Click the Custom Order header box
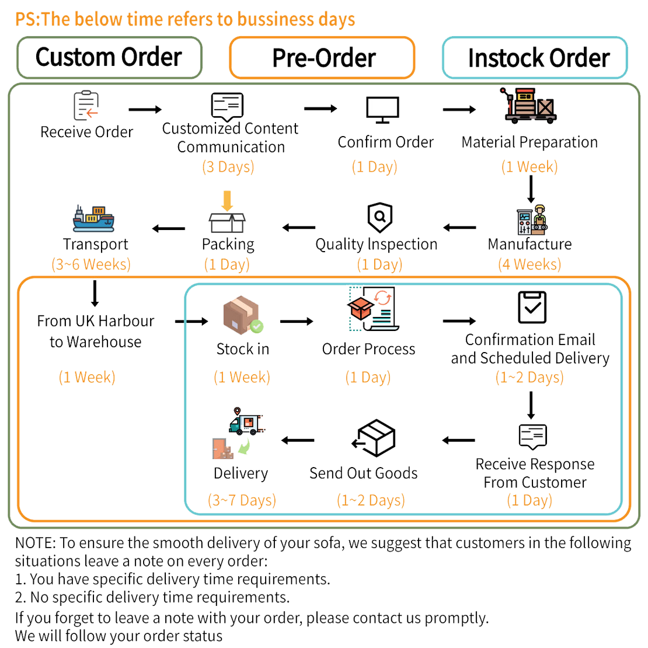click(109, 57)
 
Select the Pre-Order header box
click(322, 57)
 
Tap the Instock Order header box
click(535, 57)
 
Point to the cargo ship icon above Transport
click(93, 218)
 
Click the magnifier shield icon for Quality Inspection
click(379, 218)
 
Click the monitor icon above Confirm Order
click(382, 108)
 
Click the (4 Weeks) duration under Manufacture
click(529, 264)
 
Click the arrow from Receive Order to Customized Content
click(145, 109)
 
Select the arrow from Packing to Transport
click(169, 228)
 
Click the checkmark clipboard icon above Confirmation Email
click(532, 308)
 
